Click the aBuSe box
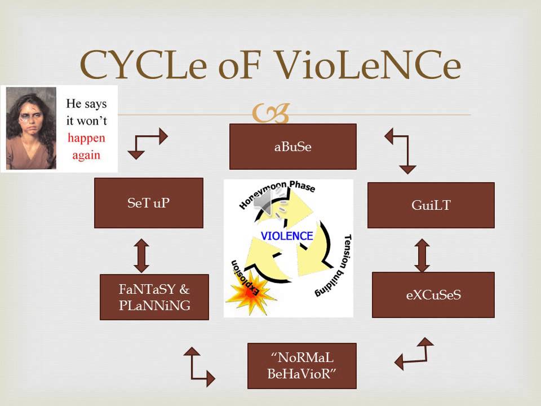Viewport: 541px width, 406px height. [292, 147]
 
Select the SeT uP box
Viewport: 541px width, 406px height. [148, 203]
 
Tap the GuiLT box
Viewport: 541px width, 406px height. [431, 205]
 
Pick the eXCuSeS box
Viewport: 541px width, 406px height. [433, 295]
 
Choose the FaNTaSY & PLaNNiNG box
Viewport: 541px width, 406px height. [154, 297]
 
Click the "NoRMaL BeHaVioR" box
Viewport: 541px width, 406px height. [301, 366]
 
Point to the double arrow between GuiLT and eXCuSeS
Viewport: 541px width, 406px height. [422, 255]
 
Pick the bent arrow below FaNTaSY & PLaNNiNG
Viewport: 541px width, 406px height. [198, 367]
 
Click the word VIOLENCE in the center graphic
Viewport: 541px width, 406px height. [287, 236]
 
